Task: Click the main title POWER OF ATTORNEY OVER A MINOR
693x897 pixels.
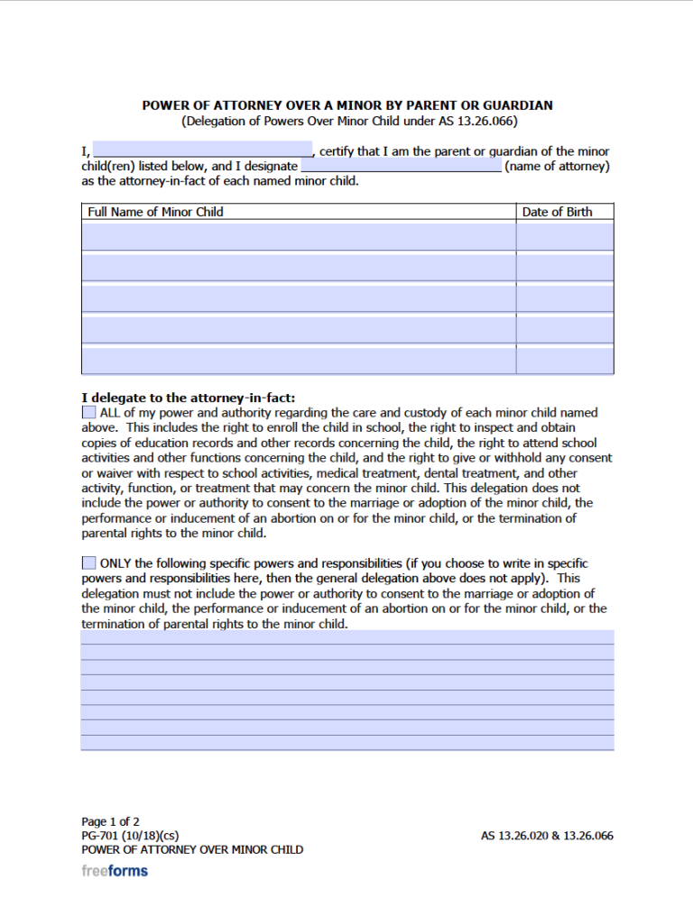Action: point(347,105)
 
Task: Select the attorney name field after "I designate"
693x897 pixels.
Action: point(401,166)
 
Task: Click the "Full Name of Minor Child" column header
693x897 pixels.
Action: point(154,212)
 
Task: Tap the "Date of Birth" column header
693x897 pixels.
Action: point(557,212)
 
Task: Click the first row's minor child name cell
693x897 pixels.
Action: point(299,236)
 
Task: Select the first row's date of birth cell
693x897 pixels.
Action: point(565,236)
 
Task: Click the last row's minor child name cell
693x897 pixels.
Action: point(299,359)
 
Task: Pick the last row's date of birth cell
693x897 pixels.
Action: point(565,359)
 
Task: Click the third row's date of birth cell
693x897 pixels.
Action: point(565,297)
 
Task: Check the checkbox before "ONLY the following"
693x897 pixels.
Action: point(88,563)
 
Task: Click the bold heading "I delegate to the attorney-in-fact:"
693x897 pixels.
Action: point(188,398)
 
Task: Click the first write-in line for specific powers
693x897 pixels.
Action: point(347,637)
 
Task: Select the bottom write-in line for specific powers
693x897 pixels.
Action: point(347,743)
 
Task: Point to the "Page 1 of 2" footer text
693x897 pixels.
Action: point(110,821)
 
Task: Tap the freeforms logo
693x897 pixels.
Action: point(115,871)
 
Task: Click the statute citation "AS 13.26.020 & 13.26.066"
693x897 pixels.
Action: point(547,836)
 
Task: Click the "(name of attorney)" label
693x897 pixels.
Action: point(557,166)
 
